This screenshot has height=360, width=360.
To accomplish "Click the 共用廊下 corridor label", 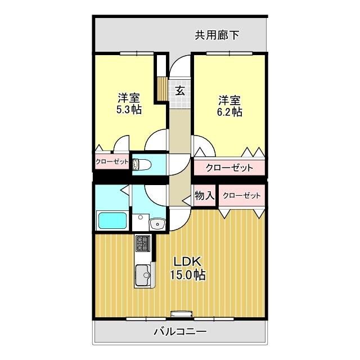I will click(217, 35).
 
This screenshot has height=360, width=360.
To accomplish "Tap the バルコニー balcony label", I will click(180, 331).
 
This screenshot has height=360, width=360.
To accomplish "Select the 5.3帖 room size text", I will click(128, 110).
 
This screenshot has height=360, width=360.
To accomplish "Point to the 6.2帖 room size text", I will click(229, 112).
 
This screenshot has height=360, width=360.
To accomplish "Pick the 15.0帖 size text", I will click(187, 275).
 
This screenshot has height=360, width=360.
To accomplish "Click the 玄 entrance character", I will click(179, 90).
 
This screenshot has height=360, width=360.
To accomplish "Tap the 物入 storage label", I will click(205, 196).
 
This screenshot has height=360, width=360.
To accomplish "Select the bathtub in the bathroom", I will click(112, 220).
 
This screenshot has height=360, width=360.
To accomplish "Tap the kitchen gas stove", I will click(143, 244).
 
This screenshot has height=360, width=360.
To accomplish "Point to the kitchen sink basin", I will click(143, 276).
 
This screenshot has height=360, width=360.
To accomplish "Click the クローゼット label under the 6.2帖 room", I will click(228, 168).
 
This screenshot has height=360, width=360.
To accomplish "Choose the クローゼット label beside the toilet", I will click(112, 162).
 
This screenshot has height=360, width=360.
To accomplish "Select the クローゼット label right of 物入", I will click(242, 196).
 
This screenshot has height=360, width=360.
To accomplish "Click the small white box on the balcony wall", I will click(182, 314).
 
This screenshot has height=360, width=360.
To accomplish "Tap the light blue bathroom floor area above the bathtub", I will click(111, 196).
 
